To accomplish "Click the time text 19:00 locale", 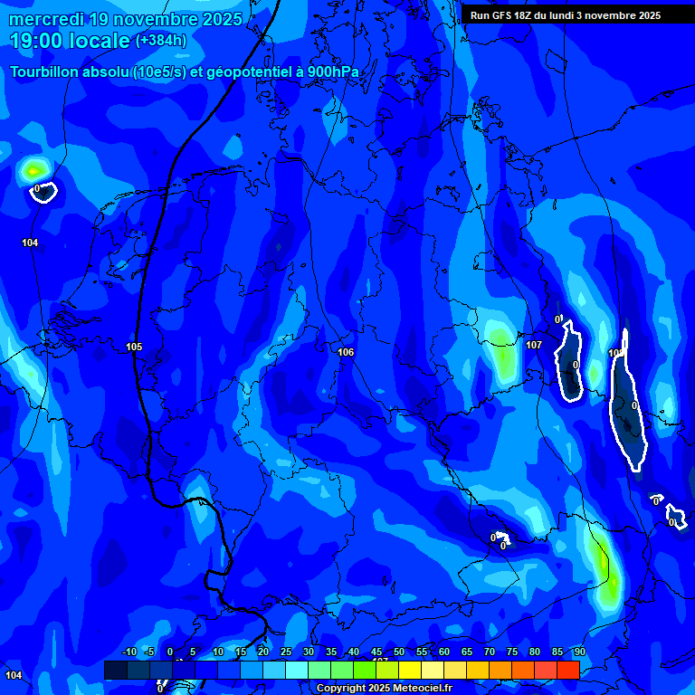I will click(x=71, y=41).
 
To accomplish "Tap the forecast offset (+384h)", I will click(x=161, y=41).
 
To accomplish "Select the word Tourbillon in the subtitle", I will click(x=46, y=72).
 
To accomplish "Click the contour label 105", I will click(x=134, y=347).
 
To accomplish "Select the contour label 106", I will click(x=345, y=352).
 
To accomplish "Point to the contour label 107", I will click(x=534, y=345).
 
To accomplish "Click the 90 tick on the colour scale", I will click(x=579, y=652).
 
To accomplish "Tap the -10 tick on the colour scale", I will click(x=129, y=652).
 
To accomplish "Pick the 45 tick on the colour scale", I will click(x=376, y=652).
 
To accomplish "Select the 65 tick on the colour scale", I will click(x=467, y=652).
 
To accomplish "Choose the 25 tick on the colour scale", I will click(x=286, y=652).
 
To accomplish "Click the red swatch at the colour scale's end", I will click(x=567, y=670).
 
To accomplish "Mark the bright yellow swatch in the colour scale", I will click(x=410, y=670).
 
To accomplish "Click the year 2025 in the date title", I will click(x=221, y=19).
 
